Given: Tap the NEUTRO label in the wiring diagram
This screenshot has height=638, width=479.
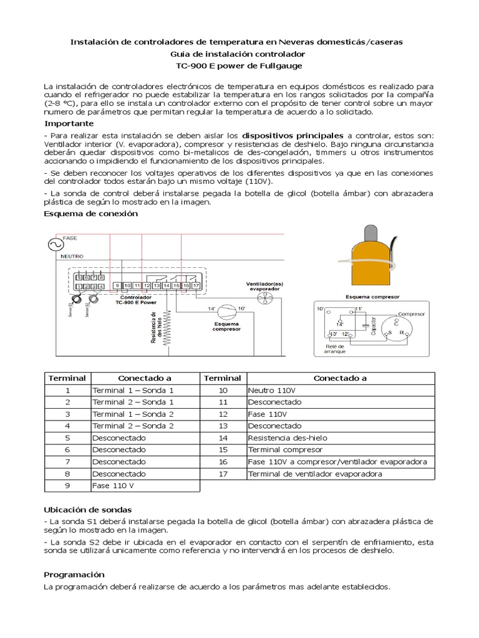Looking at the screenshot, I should click(x=72, y=256).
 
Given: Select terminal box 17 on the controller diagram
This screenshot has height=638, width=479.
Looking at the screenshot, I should click(x=196, y=285).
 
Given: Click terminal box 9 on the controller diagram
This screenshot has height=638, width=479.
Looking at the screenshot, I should click(x=117, y=285).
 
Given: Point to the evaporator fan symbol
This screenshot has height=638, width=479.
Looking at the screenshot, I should click(x=261, y=300).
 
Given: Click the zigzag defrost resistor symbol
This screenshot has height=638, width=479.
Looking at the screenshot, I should click(x=166, y=328).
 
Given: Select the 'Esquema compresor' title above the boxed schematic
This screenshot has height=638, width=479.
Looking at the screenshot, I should click(x=372, y=297).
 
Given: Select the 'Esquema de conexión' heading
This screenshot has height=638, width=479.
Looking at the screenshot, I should click(x=90, y=214).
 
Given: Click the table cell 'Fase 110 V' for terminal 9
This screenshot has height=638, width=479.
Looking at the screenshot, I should click(x=113, y=485).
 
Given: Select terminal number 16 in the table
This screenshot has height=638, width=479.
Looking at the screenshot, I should click(x=223, y=462).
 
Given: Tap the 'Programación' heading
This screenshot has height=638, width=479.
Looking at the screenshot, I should click(x=74, y=574).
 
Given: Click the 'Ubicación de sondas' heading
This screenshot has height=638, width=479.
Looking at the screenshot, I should click(x=88, y=510).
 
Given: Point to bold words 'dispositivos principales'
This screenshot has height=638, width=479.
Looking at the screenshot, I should click(x=293, y=135).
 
